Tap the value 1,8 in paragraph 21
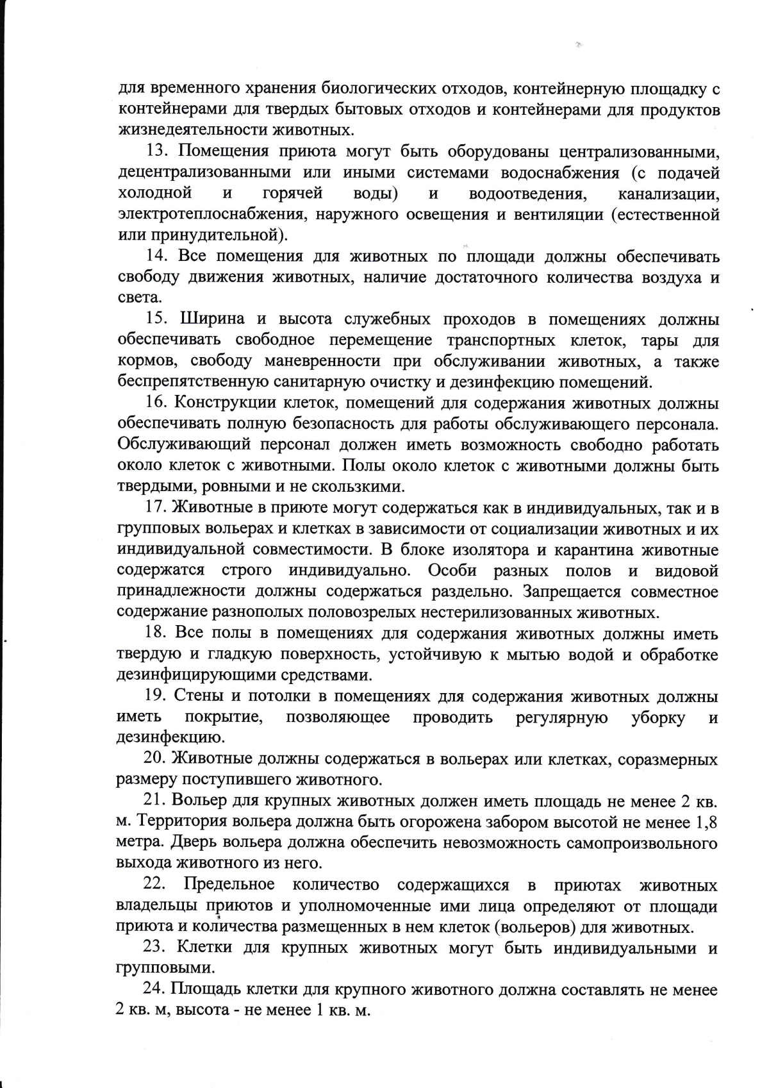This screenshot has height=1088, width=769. pos(705,821)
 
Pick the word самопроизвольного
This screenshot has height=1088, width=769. pos(641,842)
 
